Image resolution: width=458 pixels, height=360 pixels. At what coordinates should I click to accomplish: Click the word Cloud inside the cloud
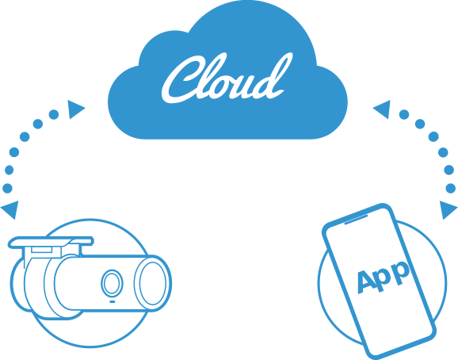(227, 79)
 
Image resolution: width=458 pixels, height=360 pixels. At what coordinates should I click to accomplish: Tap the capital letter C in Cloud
(187, 79)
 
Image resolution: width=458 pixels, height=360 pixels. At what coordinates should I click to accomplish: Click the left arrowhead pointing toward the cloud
(75, 109)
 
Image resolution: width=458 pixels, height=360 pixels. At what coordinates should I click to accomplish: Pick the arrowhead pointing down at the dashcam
(10, 209)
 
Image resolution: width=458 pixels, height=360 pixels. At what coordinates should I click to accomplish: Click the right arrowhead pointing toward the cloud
(383, 109)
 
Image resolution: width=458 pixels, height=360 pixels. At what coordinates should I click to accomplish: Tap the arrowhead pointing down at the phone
(448, 209)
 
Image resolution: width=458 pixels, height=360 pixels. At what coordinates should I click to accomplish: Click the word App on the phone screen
(384, 277)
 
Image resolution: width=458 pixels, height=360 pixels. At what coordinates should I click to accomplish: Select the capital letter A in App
(367, 281)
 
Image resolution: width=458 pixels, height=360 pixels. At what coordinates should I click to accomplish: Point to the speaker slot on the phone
(356, 220)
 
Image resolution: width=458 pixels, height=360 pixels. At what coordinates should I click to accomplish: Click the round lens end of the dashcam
(153, 283)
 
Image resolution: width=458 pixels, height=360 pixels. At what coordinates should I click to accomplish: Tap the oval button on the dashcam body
(112, 283)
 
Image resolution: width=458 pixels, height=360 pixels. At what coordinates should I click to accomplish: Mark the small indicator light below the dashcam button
(113, 301)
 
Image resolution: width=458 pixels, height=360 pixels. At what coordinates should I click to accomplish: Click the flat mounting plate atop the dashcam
(51, 243)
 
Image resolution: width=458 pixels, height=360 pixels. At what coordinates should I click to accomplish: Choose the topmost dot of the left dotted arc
(54, 114)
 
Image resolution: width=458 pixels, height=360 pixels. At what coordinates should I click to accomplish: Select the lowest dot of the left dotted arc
(7, 188)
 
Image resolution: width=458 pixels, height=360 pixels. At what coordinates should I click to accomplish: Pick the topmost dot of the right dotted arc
(404, 114)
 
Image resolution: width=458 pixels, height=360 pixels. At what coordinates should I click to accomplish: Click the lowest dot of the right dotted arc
(451, 188)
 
